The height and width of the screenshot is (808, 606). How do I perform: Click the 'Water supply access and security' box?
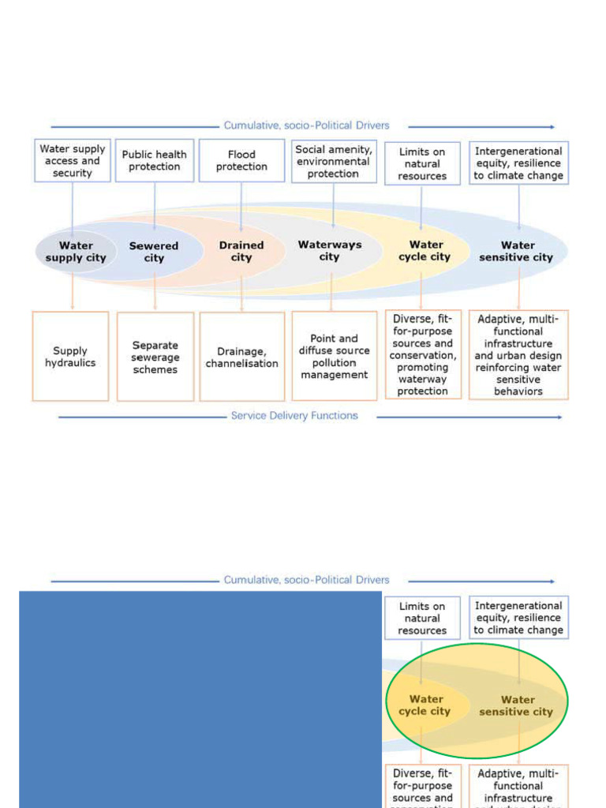[72, 161]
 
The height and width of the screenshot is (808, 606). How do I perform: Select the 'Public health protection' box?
[155, 161]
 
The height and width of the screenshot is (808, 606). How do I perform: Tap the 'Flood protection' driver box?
[241, 161]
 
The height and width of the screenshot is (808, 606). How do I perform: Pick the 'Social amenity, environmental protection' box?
[333, 162]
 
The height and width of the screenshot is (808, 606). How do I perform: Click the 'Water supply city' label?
[76, 252]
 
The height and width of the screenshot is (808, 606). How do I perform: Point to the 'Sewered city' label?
[154, 252]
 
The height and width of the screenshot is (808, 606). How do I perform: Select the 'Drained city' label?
[241, 252]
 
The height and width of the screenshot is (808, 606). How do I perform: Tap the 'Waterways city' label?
[330, 251]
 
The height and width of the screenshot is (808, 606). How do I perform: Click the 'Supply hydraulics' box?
[70, 357]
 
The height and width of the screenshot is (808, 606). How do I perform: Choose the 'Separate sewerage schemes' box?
[155, 357]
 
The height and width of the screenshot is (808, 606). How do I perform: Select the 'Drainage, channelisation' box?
[241, 357]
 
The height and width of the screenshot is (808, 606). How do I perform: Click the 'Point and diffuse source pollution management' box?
[334, 357]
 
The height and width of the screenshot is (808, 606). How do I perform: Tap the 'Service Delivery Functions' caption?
[294, 416]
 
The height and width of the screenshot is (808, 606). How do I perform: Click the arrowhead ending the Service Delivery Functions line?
[559, 417]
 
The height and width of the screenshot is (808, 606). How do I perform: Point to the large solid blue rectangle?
[200, 699]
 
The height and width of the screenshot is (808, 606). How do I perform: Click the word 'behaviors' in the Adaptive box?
[518, 391]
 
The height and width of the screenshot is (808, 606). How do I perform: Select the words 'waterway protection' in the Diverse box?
[423, 385]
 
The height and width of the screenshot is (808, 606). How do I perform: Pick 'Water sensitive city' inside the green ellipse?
[517, 705]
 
